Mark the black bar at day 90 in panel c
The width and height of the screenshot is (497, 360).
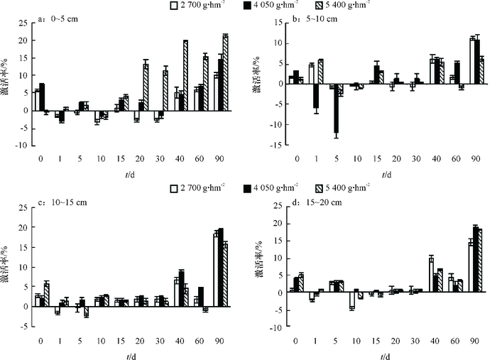coord(220,267)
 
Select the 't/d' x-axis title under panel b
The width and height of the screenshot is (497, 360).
coord(384,173)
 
